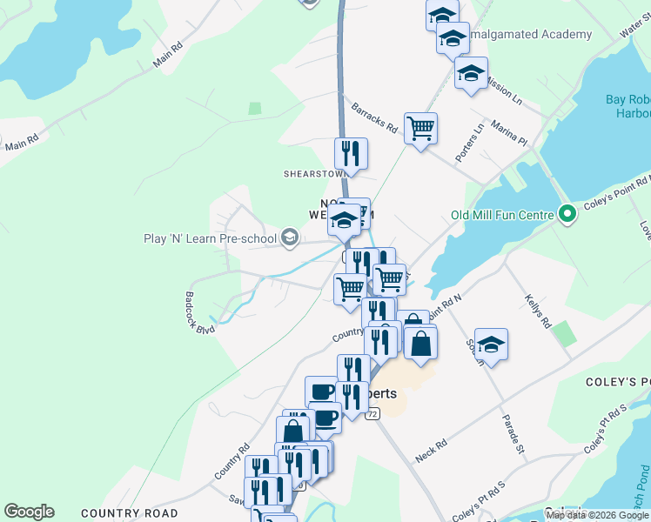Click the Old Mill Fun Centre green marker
click(567, 213)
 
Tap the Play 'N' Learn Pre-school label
click(211, 238)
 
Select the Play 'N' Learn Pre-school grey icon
click(291, 237)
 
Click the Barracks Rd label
click(374, 119)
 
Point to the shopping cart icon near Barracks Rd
click(420, 129)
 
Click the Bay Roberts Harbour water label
click(628, 107)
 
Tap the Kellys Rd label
click(538, 311)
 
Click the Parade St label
click(512, 432)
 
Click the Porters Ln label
click(470, 142)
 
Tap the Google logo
click(29, 512)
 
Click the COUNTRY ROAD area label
click(129, 513)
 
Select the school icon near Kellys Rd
click(491, 344)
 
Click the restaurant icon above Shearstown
click(351, 154)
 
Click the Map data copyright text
click(598, 515)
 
